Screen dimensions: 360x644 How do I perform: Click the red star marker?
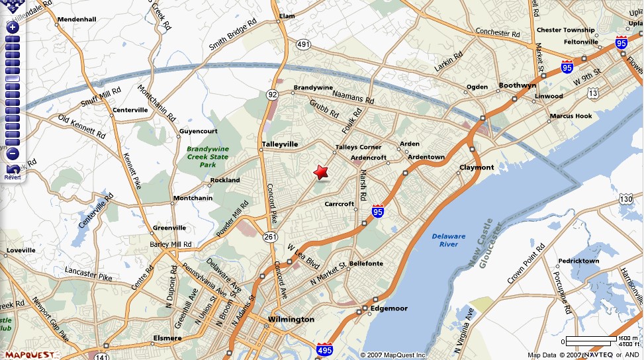pyautogui.click(x=321, y=172)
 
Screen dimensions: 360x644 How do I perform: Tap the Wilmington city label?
pyautogui.click(x=291, y=320)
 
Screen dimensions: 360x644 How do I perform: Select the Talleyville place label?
pyautogui.click(x=280, y=144)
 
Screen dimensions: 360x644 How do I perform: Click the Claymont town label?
pyautogui.click(x=477, y=167)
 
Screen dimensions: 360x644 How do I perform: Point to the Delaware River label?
pyautogui.click(x=449, y=240)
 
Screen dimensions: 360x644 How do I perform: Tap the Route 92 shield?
pyautogui.click(x=273, y=95)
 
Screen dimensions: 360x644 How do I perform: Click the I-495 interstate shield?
pyautogui.click(x=324, y=349)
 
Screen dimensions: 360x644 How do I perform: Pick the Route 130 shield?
pyautogui.click(x=626, y=199)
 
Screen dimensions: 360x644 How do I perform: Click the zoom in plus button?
pyautogui.click(x=12, y=28)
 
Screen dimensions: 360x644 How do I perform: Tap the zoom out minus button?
pyautogui.click(x=12, y=154)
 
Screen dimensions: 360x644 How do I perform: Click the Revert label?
pyautogui.click(x=13, y=177)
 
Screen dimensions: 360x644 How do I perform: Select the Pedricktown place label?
pyautogui.click(x=578, y=261)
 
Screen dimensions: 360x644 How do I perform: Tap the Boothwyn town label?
pyautogui.click(x=517, y=85)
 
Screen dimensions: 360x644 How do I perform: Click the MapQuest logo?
pyautogui.click(x=26, y=354)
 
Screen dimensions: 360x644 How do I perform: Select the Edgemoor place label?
pyautogui.click(x=389, y=308)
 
